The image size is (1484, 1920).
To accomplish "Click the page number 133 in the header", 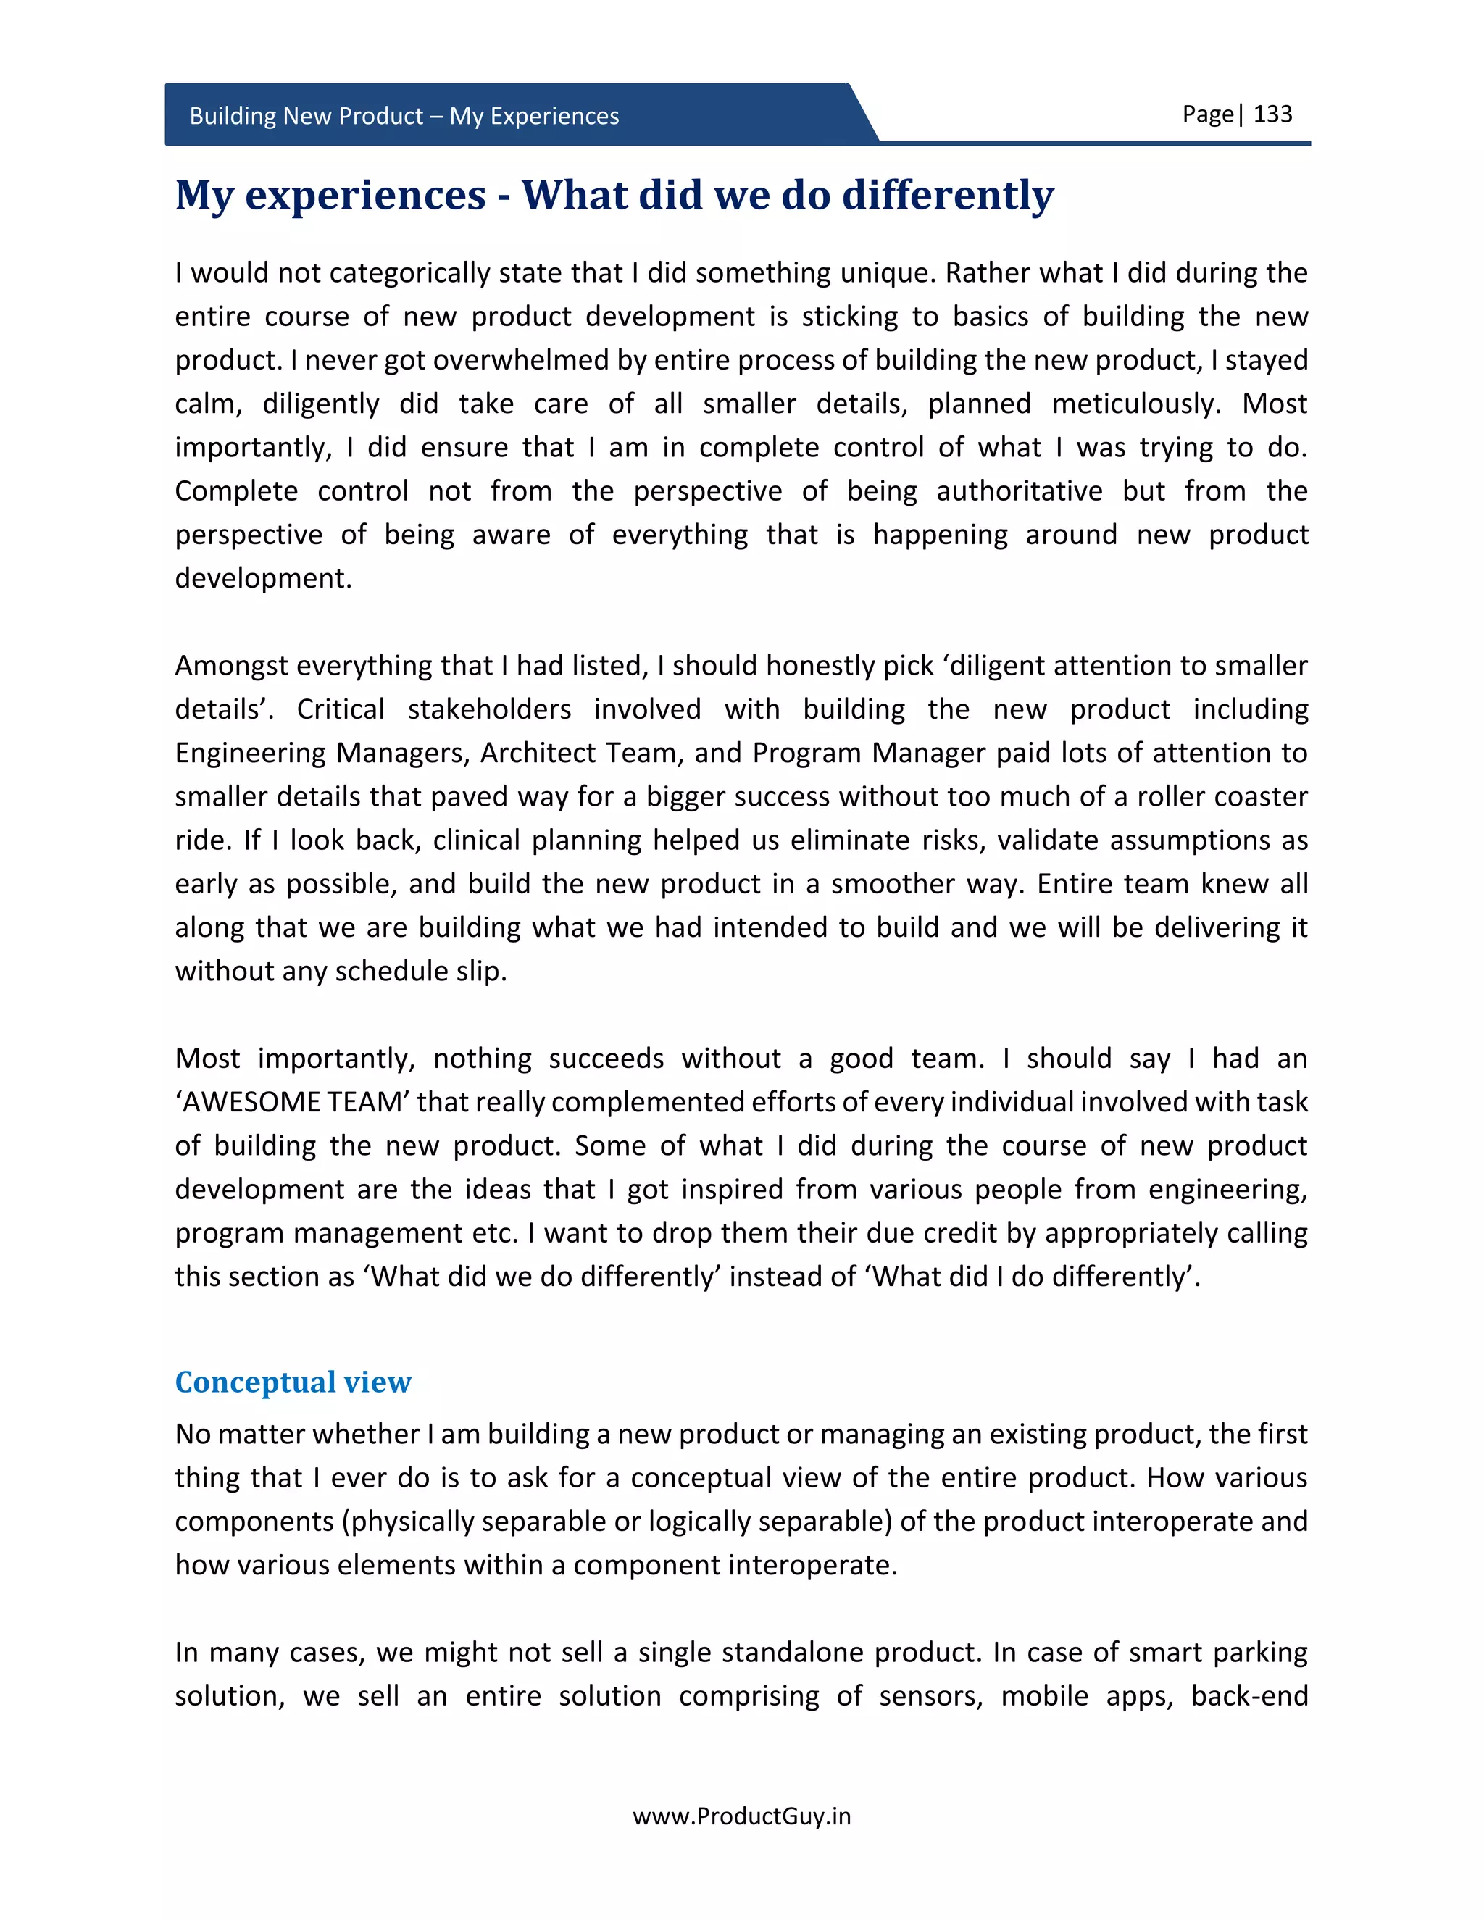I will tap(1272, 114).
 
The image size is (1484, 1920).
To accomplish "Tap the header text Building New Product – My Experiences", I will tap(404, 116).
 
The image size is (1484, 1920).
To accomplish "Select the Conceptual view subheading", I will tap(293, 1382).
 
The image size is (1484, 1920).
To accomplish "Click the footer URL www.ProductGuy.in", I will tap(741, 1816).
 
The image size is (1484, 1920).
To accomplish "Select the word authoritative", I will tap(1019, 491).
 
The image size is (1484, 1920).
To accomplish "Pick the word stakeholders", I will tap(489, 709).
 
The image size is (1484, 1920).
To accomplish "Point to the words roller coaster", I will tap(1222, 796).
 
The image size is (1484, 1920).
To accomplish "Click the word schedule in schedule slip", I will tap(392, 972).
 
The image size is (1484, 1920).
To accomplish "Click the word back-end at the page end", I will tap(1249, 1696).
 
